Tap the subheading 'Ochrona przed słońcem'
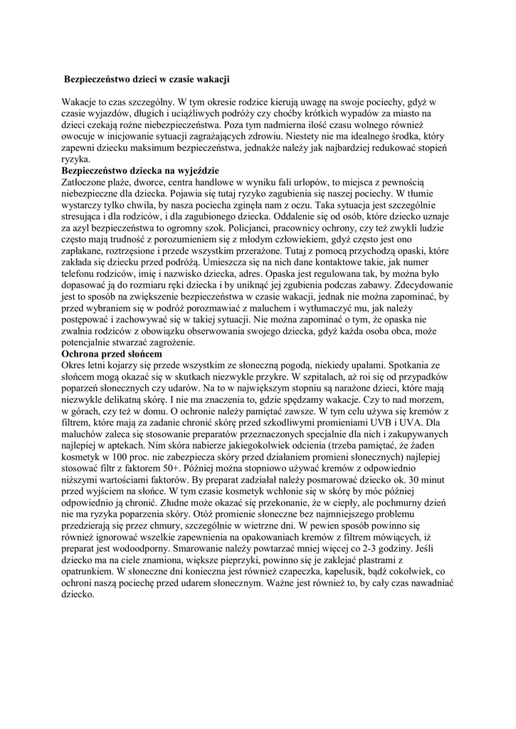click(112, 354)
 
